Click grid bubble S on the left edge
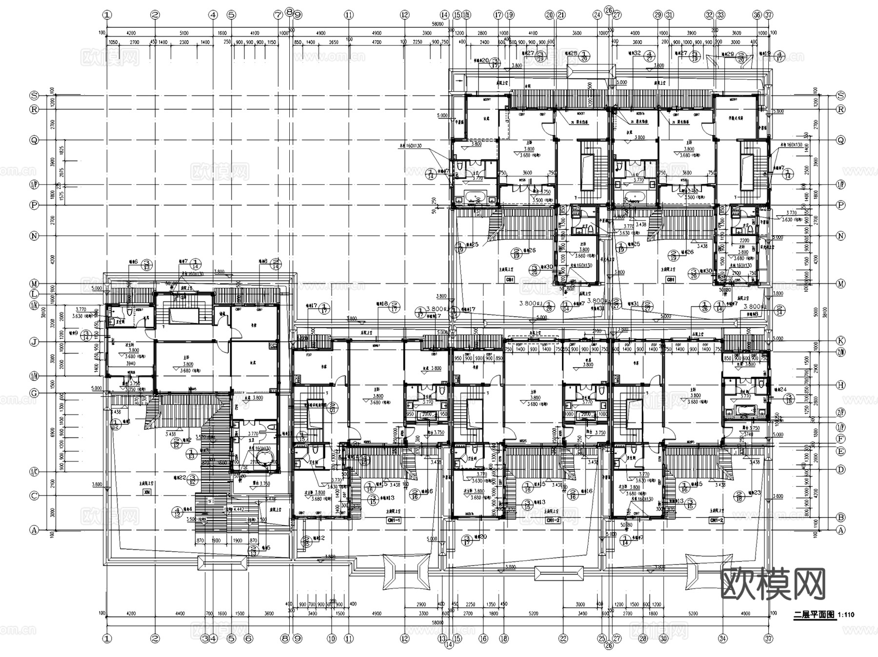(34, 95)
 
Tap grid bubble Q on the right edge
(840, 140)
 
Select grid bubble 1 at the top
(107, 15)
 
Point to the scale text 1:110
(846, 616)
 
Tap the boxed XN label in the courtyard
(146, 493)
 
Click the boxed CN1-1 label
(394, 520)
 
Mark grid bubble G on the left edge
(34, 393)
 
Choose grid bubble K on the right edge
(840, 340)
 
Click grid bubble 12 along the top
(404, 15)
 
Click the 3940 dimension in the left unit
(131, 363)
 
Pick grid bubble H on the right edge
(840, 385)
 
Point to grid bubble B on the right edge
(840, 518)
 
